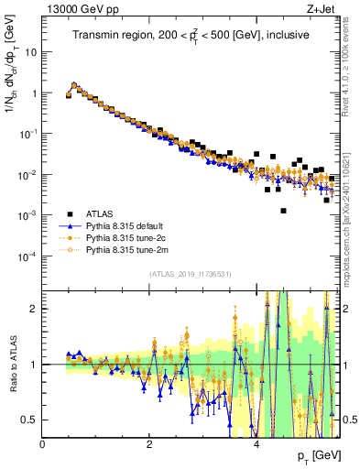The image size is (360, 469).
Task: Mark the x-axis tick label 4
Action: click(256, 442)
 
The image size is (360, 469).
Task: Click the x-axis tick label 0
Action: click(42, 442)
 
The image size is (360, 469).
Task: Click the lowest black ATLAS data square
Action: click(284, 211)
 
